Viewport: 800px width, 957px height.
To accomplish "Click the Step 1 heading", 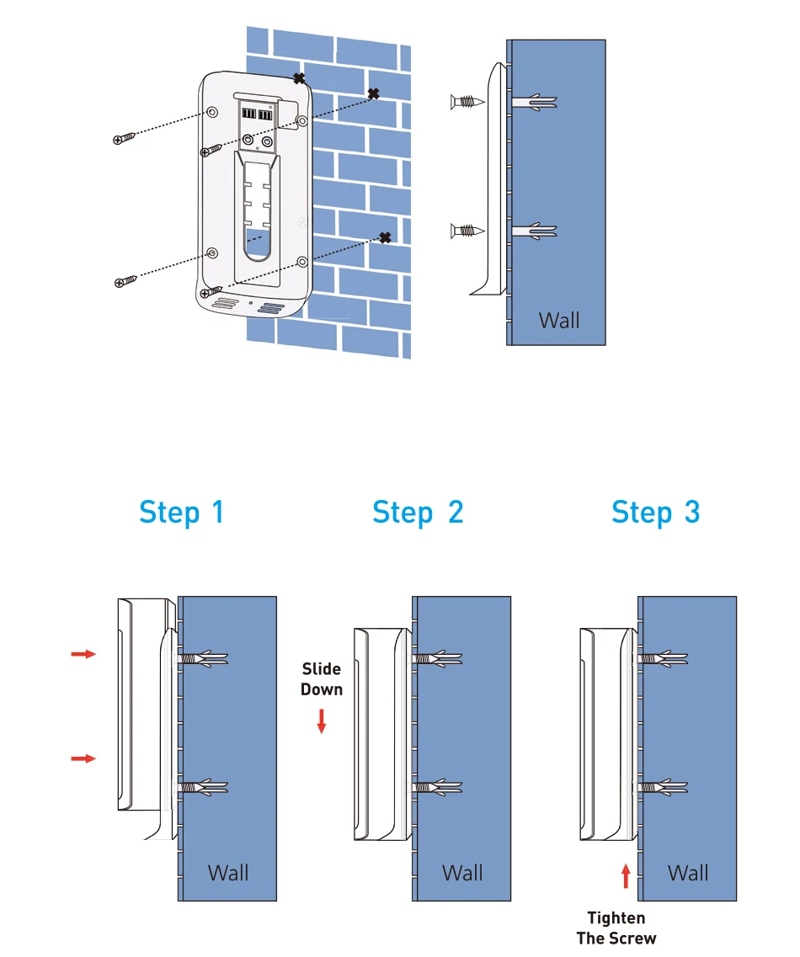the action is [x=181, y=513].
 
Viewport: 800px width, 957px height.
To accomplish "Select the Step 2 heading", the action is [x=418, y=513].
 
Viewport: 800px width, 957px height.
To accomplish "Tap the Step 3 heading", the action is [x=655, y=513].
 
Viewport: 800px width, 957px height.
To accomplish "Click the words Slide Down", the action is [x=321, y=679].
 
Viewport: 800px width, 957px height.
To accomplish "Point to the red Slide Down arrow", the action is [x=321, y=720].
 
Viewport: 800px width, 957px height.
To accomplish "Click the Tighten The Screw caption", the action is [x=616, y=928].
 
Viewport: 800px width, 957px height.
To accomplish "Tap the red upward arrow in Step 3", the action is [x=626, y=876].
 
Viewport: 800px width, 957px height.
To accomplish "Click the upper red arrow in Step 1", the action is [x=83, y=654].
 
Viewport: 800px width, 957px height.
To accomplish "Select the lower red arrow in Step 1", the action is [x=83, y=758].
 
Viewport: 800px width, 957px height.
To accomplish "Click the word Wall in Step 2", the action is [x=462, y=873].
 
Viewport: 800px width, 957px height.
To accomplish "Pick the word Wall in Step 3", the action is [x=688, y=873].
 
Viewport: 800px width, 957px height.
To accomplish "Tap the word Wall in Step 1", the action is [x=227, y=873].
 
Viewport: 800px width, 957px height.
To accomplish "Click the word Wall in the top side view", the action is [x=559, y=321].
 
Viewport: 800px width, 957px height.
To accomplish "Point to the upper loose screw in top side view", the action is [x=467, y=102].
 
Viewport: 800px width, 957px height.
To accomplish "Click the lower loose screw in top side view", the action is [x=467, y=231].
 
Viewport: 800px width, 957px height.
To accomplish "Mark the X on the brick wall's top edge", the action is [x=299, y=78].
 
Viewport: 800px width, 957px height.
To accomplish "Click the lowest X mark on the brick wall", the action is [x=385, y=237].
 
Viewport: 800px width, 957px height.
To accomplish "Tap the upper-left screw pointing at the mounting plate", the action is [x=124, y=139].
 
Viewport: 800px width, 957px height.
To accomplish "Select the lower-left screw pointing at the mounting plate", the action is [x=125, y=281].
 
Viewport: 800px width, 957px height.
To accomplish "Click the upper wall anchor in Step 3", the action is [x=664, y=659].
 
